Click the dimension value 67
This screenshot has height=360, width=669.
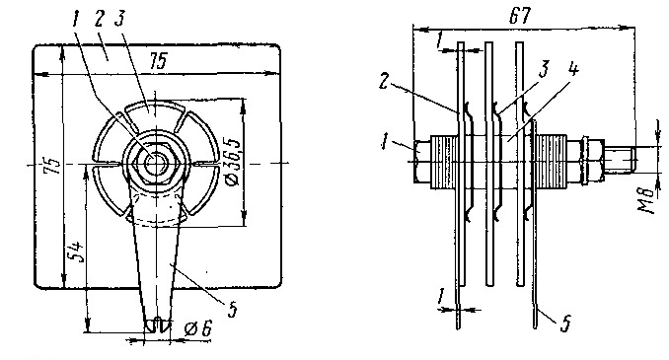tap(520, 16)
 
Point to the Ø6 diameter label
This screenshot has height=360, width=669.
tap(198, 328)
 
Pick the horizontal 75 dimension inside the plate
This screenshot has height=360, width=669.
tap(158, 60)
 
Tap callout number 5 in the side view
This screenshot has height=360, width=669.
tap(565, 324)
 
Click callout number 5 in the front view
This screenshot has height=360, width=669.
tap(232, 310)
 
